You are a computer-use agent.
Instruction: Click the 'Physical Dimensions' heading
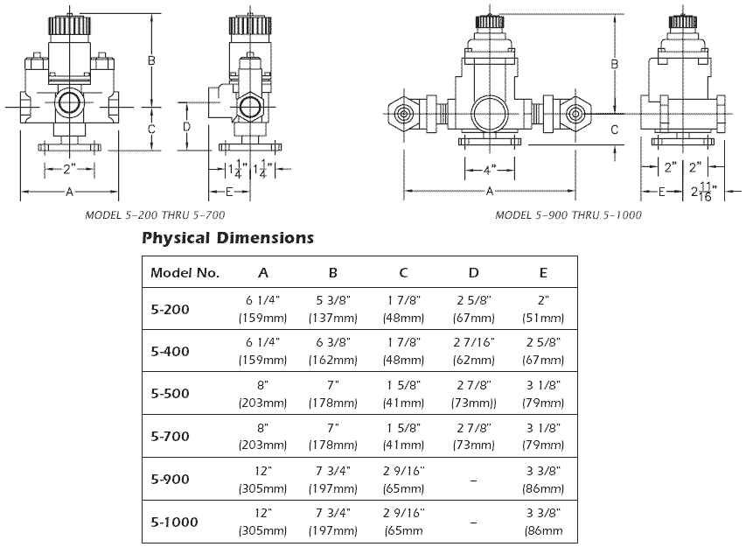[x=227, y=237]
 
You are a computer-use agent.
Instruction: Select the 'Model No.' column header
[x=185, y=272]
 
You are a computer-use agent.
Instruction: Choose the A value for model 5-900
[x=263, y=480]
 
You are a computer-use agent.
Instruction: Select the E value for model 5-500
[x=546, y=394]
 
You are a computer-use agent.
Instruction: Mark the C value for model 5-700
[x=403, y=437]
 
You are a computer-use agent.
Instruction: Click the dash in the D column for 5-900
[x=474, y=480]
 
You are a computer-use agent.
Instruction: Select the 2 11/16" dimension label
[x=705, y=191]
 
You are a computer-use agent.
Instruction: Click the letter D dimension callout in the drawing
[x=187, y=126]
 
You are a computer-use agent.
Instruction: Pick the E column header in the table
[x=546, y=272]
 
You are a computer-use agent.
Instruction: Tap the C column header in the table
[x=403, y=272]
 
